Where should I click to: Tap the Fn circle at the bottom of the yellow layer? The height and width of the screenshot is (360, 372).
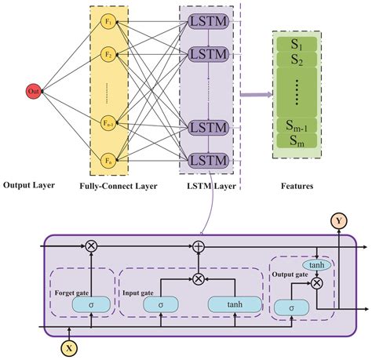pos(109,160)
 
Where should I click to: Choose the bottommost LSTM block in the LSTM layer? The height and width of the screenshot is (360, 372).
pos(208,161)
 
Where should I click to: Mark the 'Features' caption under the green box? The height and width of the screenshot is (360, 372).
pos(295,187)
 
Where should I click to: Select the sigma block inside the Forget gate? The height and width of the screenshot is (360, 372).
pos(91,303)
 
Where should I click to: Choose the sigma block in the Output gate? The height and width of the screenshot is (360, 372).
pos(292,307)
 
